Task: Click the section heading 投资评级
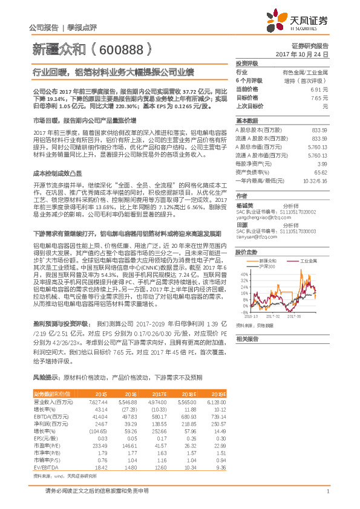247,63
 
